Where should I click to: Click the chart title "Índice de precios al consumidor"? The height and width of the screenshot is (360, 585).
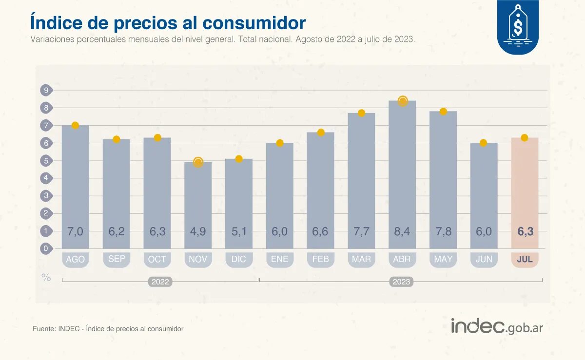click(x=168, y=23)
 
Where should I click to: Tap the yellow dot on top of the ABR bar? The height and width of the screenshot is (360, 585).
click(x=403, y=101)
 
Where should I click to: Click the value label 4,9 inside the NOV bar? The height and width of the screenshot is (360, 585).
click(x=198, y=232)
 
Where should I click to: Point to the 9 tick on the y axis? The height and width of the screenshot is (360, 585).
click(x=46, y=90)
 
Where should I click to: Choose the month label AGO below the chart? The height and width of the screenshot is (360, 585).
click(x=75, y=259)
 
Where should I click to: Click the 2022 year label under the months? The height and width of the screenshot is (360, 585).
click(x=160, y=282)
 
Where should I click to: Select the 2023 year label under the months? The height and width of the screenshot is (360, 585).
click(x=402, y=282)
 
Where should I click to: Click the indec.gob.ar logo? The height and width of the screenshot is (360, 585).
click(x=496, y=326)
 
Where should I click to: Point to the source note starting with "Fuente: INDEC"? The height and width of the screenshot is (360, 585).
click(x=108, y=329)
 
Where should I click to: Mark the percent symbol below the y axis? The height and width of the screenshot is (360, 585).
click(x=46, y=278)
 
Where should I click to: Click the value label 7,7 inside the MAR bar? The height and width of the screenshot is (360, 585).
click(x=361, y=232)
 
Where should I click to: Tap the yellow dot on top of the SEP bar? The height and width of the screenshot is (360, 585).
click(x=117, y=139)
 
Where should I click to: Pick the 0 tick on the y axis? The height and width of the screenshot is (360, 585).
click(x=46, y=248)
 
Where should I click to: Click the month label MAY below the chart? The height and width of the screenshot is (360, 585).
click(x=443, y=259)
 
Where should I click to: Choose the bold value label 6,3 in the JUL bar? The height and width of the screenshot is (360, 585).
click(x=525, y=232)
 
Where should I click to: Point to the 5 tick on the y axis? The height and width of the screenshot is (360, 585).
click(x=46, y=161)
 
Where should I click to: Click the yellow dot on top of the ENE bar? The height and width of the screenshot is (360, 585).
click(x=280, y=143)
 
